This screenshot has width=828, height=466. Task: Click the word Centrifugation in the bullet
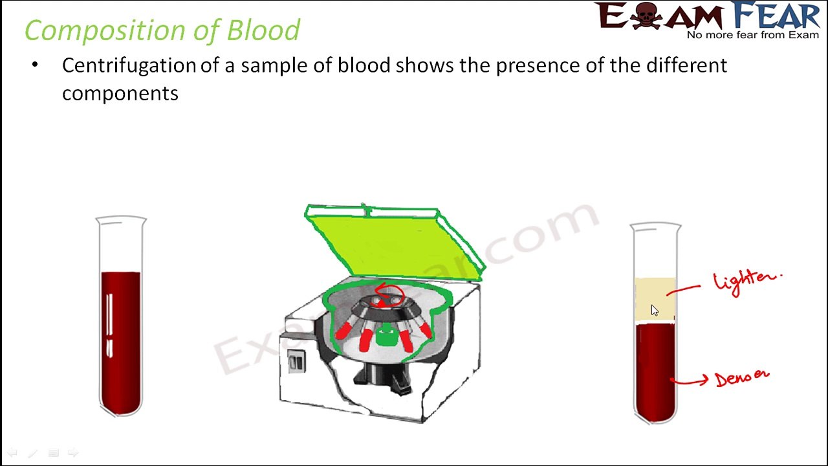click(129, 65)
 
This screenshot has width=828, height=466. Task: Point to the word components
click(120, 94)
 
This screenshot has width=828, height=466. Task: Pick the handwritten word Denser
click(742, 377)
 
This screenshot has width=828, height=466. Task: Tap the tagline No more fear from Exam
click(752, 35)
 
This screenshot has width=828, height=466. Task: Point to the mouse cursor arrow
click(654, 311)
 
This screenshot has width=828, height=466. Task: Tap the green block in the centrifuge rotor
click(386, 337)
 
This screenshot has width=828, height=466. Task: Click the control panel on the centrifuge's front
click(296, 361)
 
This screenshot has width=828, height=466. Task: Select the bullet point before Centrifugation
click(35, 65)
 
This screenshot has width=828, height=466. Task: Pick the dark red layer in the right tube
click(655, 369)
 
